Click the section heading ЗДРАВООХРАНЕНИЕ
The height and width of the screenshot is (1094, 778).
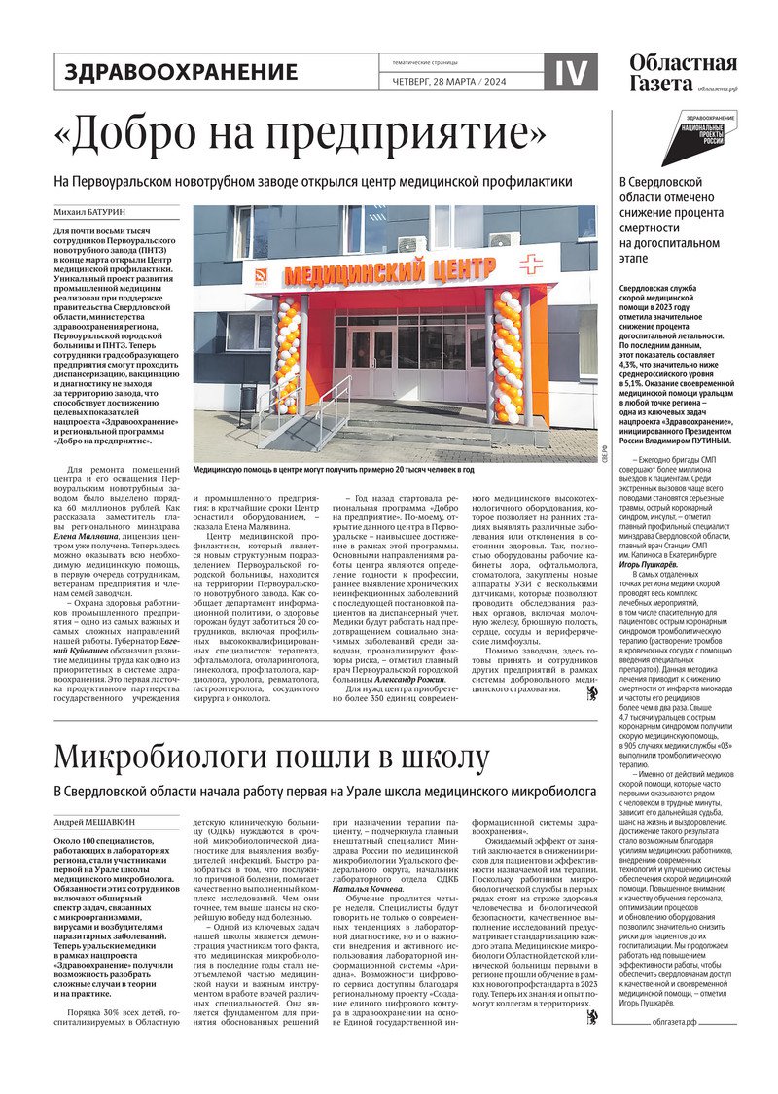point(181,71)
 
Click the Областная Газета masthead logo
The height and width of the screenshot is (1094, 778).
point(683,73)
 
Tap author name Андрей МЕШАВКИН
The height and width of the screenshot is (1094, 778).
point(94,823)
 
